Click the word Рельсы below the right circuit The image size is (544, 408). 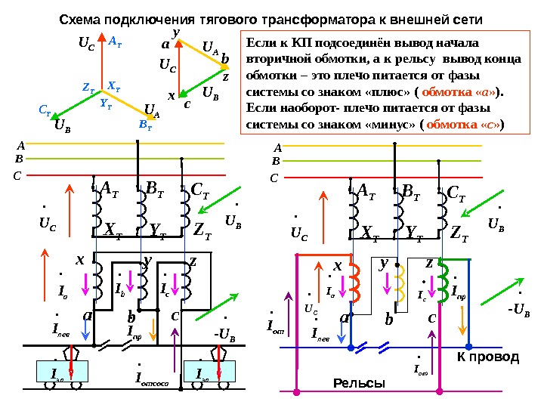[359, 384]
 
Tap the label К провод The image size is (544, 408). [488, 357]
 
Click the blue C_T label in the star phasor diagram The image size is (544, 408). [45, 109]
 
